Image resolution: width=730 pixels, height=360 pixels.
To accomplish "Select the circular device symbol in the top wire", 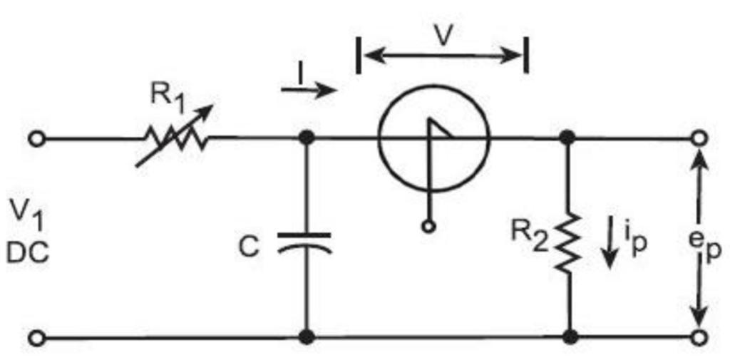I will pos(434,137).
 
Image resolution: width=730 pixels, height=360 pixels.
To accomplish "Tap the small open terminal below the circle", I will pos(429,227).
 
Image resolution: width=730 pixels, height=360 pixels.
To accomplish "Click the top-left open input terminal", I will pos(36,138).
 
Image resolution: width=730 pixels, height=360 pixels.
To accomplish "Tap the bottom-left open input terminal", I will pos(36,337).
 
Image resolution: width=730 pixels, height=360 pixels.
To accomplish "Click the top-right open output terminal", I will pos(699,138).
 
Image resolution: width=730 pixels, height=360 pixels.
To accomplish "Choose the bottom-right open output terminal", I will pos(699,337).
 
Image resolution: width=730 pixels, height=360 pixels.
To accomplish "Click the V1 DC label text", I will pos(29,230).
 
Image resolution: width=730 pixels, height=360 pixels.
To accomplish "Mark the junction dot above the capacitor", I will pos(307,138).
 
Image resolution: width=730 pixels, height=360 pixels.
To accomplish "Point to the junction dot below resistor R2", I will pos(569,336).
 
